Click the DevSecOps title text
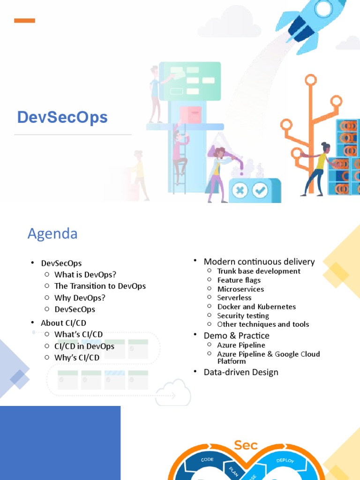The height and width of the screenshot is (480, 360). pos(62,117)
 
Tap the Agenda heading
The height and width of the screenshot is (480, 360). pos(52,233)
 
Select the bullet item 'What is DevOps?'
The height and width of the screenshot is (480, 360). pos(85,275)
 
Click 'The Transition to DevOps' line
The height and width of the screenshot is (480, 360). pos(100,286)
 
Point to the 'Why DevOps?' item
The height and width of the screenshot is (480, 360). pos(80,298)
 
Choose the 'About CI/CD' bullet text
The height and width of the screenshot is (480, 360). pos(64,323)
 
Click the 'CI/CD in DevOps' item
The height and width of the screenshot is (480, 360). pos(84,346)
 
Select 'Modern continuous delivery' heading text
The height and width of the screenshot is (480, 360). pos(259,262)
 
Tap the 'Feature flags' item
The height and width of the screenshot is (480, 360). pos(239,280)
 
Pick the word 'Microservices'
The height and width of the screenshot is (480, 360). pos(240,289)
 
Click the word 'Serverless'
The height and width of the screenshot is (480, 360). pos(234,298)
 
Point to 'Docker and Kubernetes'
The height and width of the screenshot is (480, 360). pos(256,307)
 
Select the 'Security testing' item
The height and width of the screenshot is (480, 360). pos(243,315)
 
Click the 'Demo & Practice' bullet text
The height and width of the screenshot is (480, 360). pos(236,336)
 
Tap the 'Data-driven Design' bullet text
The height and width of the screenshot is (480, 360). pos(241,372)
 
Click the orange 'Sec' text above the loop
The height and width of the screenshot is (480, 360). pos(246,445)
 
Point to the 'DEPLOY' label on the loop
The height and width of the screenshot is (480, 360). pos(285,460)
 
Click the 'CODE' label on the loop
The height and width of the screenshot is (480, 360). pos(207,460)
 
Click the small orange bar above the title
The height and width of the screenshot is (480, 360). pos(24,21)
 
